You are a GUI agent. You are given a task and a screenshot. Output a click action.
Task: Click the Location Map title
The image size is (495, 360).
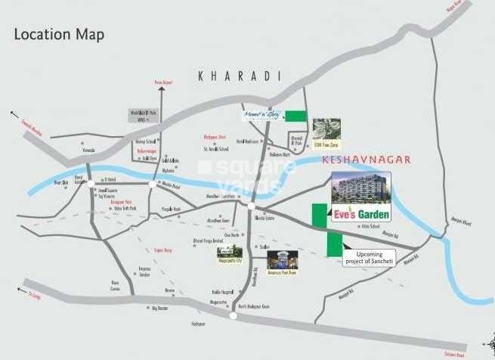(x=59, y=35)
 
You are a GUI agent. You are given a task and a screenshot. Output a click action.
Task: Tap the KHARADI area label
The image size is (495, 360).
(x=239, y=76)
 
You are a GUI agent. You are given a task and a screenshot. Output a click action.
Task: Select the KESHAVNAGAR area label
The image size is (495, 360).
(x=366, y=160)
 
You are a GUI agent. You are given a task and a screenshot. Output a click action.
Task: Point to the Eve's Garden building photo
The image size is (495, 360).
(x=360, y=189)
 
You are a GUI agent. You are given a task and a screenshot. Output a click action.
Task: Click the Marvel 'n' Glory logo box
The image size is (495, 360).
(x=261, y=116)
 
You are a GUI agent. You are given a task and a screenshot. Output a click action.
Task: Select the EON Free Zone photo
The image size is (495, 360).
(x=326, y=129)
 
